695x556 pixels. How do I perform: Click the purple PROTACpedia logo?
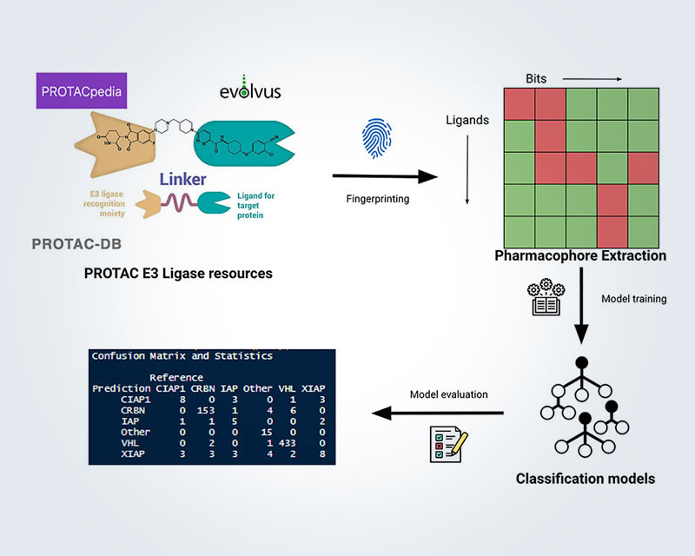pyautogui.click(x=80, y=91)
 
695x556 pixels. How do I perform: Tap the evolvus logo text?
pyautogui.click(x=249, y=91)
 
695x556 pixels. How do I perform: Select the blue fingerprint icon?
pyautogui.click(x=371, y=139)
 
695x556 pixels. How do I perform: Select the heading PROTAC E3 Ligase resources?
pyautogui.click(x=178, y=273)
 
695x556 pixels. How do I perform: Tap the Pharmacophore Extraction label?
pyautogui.click(x=580, y=255)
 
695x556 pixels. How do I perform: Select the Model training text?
pyautogui.click(x=634, y=299)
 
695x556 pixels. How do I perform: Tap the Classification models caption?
pyautogui.click(x=580, y=478)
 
